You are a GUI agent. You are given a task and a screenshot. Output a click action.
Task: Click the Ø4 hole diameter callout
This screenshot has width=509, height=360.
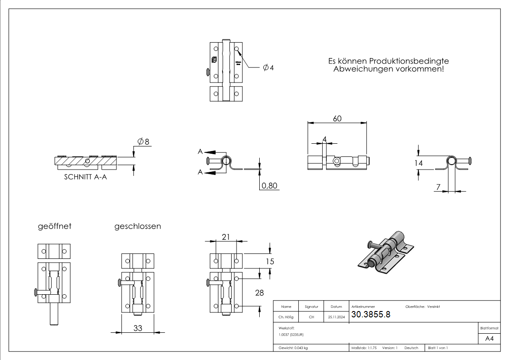[268, 68]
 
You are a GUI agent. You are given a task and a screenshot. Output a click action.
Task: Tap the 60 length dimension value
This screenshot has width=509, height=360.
[337, 118]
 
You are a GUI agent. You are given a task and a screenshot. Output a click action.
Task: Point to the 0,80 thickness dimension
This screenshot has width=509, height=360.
[270, 185]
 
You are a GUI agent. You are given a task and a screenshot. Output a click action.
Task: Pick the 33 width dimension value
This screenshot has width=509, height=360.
[138, 328]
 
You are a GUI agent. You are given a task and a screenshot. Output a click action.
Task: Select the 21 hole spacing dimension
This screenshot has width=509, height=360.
[226, 237]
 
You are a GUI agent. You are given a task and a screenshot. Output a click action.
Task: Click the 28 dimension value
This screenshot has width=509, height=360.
[260, 293]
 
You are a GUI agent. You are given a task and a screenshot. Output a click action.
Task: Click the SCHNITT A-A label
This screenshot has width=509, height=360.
[86, 178]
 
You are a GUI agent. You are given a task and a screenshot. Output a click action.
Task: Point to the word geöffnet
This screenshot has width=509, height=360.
[54, 226]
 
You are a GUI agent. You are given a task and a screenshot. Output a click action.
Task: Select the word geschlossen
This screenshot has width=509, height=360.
[137, 226]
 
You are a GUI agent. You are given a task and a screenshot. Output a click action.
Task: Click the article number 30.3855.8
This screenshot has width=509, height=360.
[371, 315]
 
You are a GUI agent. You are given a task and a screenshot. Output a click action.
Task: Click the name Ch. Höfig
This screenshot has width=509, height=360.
[286, 317]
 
